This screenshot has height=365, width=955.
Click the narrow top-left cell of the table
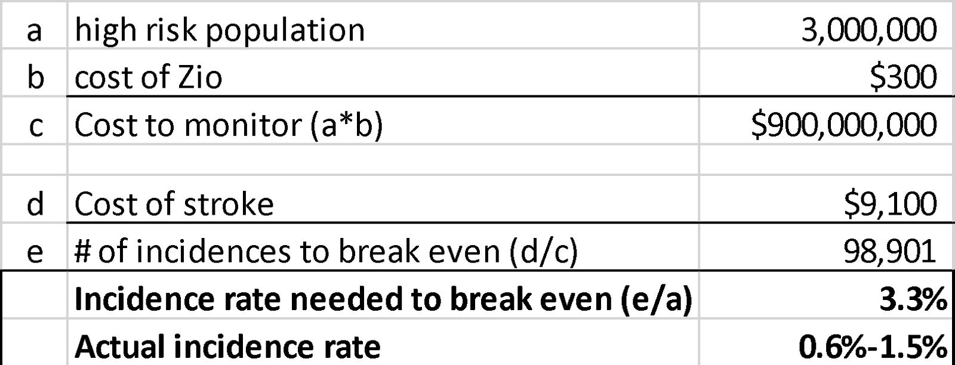33,24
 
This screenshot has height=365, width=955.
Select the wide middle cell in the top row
383,24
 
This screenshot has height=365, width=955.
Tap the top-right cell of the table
826,24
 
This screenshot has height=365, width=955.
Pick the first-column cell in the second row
33,72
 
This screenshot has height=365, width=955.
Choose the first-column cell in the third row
33,120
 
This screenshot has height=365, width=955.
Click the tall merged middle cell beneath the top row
383,96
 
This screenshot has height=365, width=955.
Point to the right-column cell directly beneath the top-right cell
826,96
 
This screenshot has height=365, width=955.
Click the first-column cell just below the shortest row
33,199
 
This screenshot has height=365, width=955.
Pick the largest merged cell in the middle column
383,246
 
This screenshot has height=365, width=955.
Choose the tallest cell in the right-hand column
826,246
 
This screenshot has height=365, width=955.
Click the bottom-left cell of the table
33,342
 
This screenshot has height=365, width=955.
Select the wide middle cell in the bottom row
383,342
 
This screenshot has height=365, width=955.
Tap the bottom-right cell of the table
826,342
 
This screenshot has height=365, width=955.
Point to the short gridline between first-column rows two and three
33,96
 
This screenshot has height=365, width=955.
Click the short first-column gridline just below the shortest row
33,222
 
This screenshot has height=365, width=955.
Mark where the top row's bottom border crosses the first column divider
67,48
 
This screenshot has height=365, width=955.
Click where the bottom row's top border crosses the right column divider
699,318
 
